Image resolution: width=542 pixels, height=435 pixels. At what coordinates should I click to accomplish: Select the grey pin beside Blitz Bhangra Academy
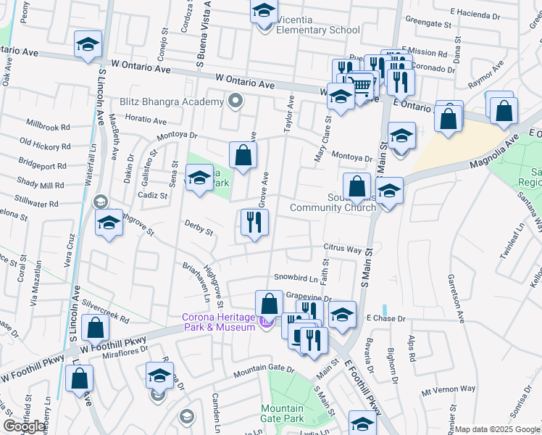(x=234, y=101)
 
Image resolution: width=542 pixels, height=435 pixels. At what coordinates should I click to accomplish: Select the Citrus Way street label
(x=343, y=249)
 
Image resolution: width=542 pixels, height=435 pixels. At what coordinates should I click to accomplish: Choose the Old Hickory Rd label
(x=44, y=143)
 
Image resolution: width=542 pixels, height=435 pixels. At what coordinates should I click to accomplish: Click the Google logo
(x=25, y=426)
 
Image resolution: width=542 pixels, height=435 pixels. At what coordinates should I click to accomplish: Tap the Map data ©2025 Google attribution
(x=497, y=429)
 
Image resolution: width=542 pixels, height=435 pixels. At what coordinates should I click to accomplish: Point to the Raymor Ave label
(x=485, y=75)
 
